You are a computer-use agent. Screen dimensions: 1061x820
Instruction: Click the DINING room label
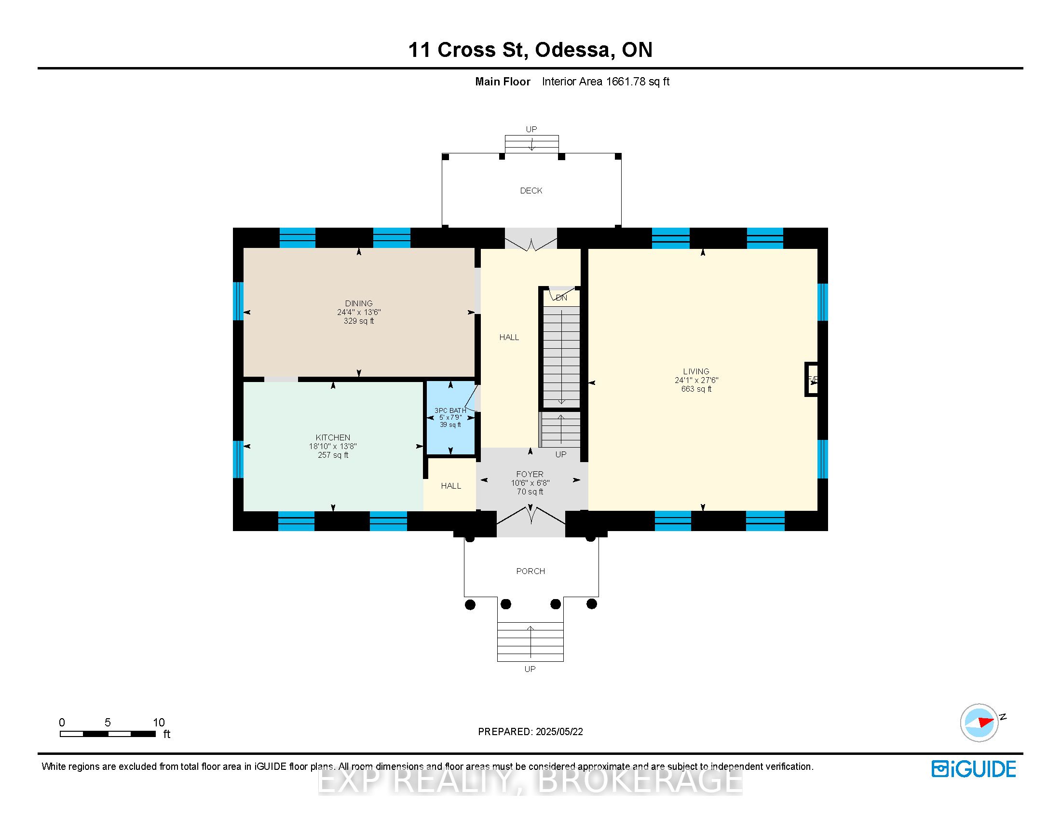click(x=359, y=303)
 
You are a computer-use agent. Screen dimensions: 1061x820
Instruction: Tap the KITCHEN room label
click(x=333, y=437)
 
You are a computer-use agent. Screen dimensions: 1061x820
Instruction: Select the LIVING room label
click(x=696, y=371)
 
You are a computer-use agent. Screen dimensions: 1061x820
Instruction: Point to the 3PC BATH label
click(x=450, y=410)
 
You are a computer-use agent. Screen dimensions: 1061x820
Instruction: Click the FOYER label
click(x=530, y=474)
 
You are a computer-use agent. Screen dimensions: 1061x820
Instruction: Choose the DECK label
click(x=531, y=191)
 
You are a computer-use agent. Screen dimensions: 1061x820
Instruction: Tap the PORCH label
click(x=530, y=571)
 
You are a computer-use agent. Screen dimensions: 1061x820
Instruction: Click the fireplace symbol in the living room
click(x=811, y=380)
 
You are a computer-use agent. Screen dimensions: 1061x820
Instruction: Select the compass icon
click(x=979, y=723)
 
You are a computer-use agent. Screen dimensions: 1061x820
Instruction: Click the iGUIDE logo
click(x=974, y=769)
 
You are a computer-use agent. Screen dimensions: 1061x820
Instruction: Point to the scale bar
click(x=108, y=734)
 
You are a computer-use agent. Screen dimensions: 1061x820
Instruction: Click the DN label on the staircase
click(x=561, y=298)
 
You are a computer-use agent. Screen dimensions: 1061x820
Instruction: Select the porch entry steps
click(x=530, y=642)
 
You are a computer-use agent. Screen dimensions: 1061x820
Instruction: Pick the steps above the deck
click(x=531, y=144)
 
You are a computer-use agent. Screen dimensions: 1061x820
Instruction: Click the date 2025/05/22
click(x=559, y=732)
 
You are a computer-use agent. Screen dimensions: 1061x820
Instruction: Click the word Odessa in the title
click(x=572, y=50)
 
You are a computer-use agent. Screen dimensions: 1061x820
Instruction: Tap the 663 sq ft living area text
click(x=696, y=389)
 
